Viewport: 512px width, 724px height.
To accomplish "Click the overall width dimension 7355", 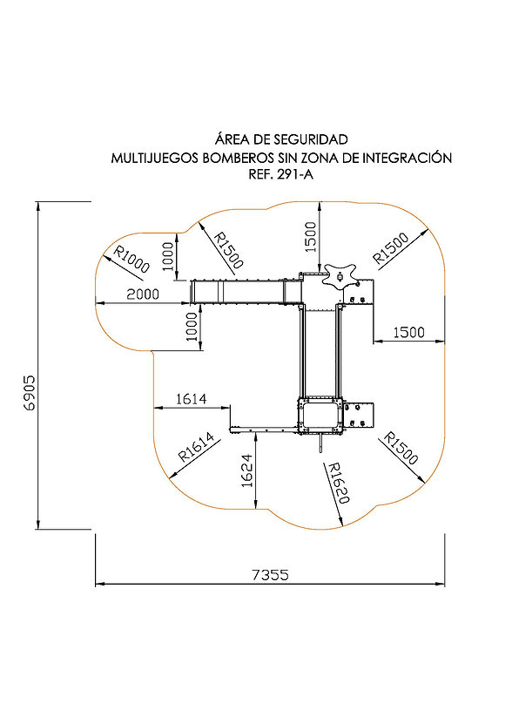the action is pyautogui.click(x=270, y=575).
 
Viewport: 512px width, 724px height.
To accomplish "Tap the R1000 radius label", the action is pyautogui.click(x=132, y=259).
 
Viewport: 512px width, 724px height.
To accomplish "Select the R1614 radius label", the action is pyautogui.click(x=197, y=446).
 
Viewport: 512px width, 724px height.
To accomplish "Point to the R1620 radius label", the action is pyautogui.click(x=338, y=483).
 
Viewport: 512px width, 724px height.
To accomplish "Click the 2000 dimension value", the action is pyautogui.click(x=143, y=294).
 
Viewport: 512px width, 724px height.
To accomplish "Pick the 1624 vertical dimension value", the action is pyautogui.click(x=247, y=470).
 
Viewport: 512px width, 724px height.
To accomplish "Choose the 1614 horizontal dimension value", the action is pyautogui.click(x=192, y=398).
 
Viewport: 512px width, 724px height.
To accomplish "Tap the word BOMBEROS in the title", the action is pyautogui.click(x=239, y=158).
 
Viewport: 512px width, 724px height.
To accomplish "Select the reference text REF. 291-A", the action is pyautogui.click(x=280, y=174).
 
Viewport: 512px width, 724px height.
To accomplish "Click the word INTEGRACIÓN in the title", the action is pyautogui.click(x=407, y=158).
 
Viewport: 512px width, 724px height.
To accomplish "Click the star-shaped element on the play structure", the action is pyautogui.click(x=340, y=276).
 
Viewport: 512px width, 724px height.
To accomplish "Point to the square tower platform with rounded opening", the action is pyautogui.click(x=320, y=415).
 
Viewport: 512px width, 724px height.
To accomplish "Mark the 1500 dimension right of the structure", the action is pyautogui.click(x=408, y=332).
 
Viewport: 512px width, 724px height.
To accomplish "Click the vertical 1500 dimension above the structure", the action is pyautogui.click(x=311, y=237).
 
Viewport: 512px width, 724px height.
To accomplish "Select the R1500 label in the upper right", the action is pyautogui.click(x=391, y=248).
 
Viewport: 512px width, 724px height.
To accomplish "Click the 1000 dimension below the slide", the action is pyautogui.click(x=192, y=327).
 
